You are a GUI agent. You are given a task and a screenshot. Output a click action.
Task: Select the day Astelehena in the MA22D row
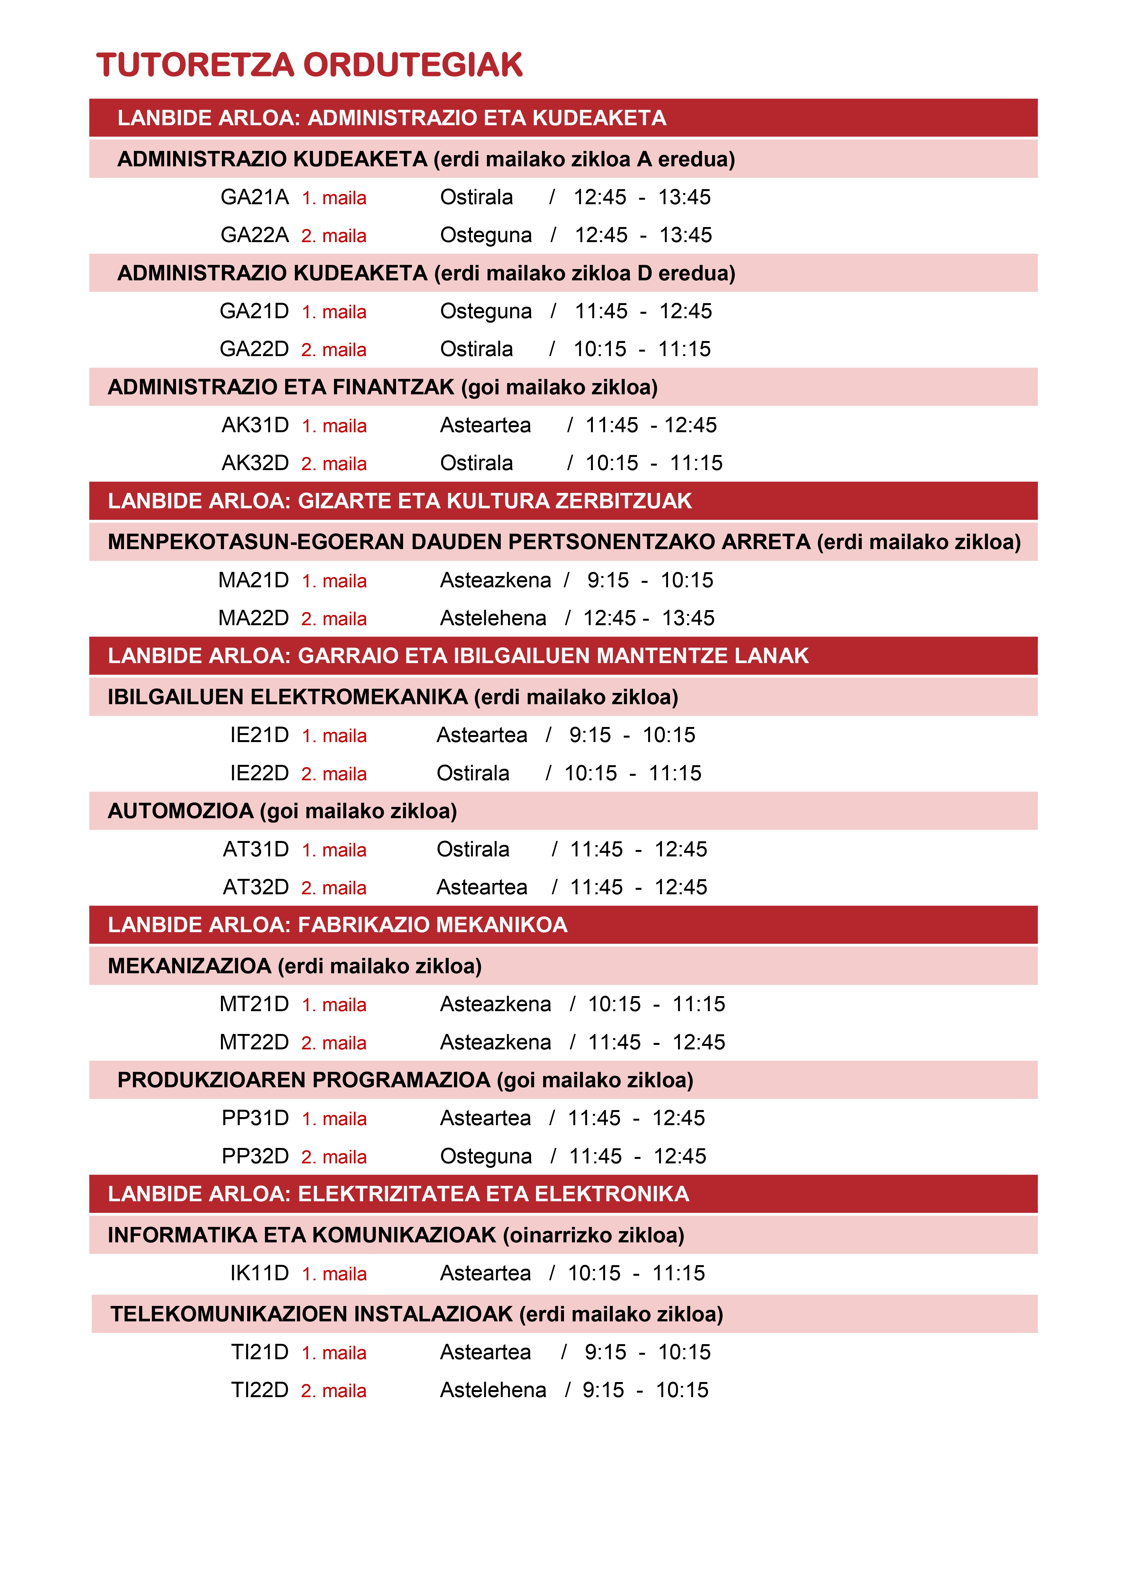(493, 618)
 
